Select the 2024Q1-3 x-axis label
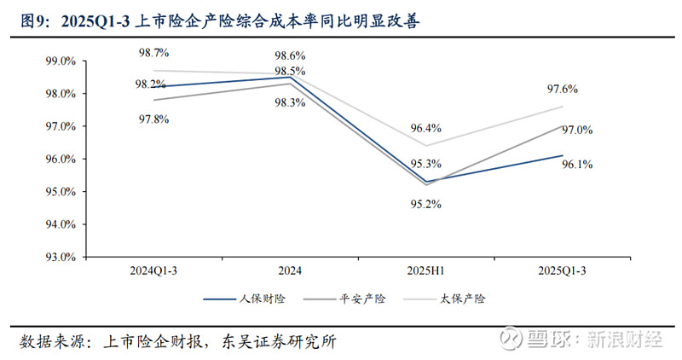(155, 270)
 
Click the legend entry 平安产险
(361, 299)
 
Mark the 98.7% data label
(155, 53)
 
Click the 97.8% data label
(155, 119)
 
